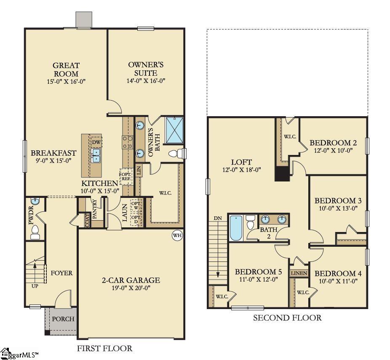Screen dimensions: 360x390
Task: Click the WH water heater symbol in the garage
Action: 177,235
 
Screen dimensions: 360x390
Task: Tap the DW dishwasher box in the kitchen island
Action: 96,142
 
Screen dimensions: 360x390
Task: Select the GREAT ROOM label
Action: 66,69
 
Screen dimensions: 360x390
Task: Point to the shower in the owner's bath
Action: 174,130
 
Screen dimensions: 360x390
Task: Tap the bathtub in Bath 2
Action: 236,227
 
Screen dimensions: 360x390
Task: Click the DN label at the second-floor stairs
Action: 218,218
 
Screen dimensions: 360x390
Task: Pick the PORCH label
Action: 63,319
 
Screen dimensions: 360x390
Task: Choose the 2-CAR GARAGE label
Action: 131,280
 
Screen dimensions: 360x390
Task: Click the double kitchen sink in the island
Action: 96,155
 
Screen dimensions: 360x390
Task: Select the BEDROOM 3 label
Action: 338,200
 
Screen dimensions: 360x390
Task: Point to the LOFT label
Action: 241,162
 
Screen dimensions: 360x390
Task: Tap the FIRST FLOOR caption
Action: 104,348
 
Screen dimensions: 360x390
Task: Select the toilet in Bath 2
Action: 251,222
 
